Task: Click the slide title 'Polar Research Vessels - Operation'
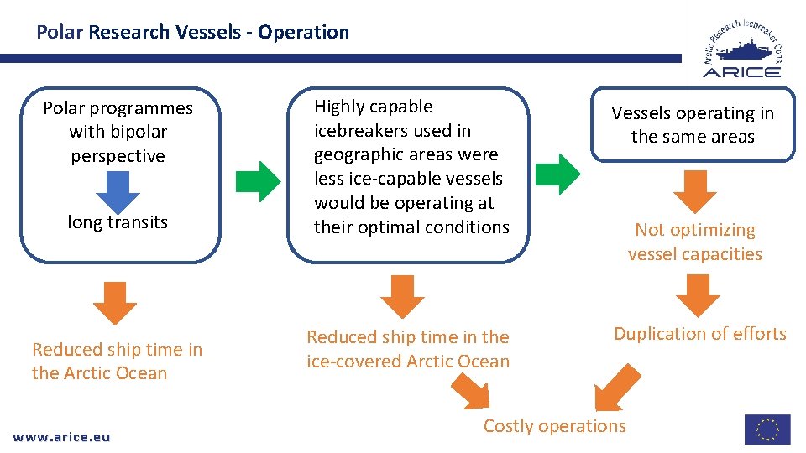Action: point(192,33)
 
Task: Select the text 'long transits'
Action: point(118,222)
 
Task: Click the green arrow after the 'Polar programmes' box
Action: point(258,179)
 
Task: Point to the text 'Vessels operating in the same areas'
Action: point(693,125)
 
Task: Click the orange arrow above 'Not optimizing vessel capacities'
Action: point(694,190)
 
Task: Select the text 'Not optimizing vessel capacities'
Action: point(694,242)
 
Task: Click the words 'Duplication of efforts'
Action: point(699,334)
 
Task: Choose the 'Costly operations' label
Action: point(554,426)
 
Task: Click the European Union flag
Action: point(767,430)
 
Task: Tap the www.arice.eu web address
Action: point(62,436)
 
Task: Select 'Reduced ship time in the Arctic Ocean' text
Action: point(117,362)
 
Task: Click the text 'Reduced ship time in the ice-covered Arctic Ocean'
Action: point(408,349)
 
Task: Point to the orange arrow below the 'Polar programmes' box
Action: point(114,303)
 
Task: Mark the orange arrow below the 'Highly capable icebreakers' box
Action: point(403,296)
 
